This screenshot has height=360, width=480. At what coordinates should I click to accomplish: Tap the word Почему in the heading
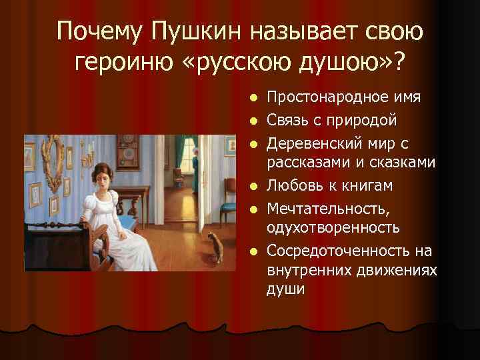point(100,31)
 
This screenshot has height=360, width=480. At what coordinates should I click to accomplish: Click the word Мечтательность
point(325,208)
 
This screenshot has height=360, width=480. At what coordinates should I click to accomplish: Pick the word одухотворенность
point(333,227)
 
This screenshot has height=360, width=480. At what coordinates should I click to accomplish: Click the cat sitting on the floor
point(215,247)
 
